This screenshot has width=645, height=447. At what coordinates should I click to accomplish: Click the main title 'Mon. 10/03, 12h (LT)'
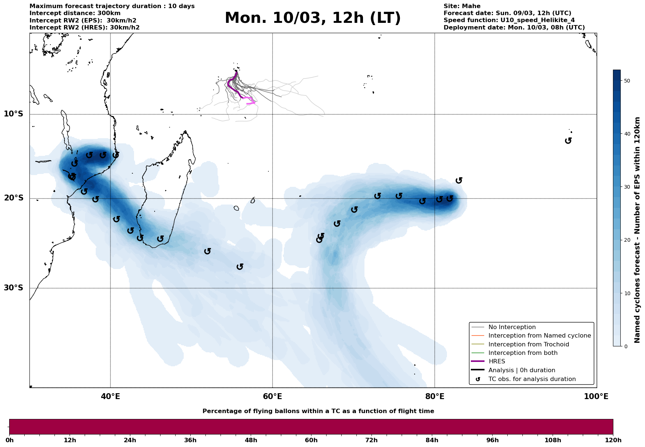pos(313,18)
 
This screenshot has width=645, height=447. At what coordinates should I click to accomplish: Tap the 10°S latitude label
pos(14,114)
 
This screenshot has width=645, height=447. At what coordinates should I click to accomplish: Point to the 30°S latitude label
pos(14,288)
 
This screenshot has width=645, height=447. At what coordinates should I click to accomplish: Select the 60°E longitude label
pos(272,397)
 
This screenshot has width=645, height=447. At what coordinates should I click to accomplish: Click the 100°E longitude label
pos(596,397)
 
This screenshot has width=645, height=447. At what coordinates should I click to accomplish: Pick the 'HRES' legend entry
pos(497,362)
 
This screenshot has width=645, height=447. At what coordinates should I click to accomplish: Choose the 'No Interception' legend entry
pos(512,327)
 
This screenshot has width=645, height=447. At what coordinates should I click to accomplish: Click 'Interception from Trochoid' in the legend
pos(528,345)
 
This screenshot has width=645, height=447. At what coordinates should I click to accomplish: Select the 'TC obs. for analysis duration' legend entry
pos(532,379)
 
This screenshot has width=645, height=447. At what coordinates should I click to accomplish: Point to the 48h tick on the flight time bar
pos(251,440)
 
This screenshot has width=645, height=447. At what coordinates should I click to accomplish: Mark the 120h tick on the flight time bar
pos(613,440)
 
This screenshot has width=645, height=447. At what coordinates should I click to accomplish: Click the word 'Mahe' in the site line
pos(472,6)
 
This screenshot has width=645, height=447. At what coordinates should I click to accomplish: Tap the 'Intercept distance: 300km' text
pos(75,13)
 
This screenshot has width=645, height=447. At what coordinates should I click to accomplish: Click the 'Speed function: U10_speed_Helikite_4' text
pos(509,20)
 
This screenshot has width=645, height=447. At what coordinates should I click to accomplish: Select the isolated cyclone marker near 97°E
pos(568,140)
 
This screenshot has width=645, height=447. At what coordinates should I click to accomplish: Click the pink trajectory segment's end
pos(247,104)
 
